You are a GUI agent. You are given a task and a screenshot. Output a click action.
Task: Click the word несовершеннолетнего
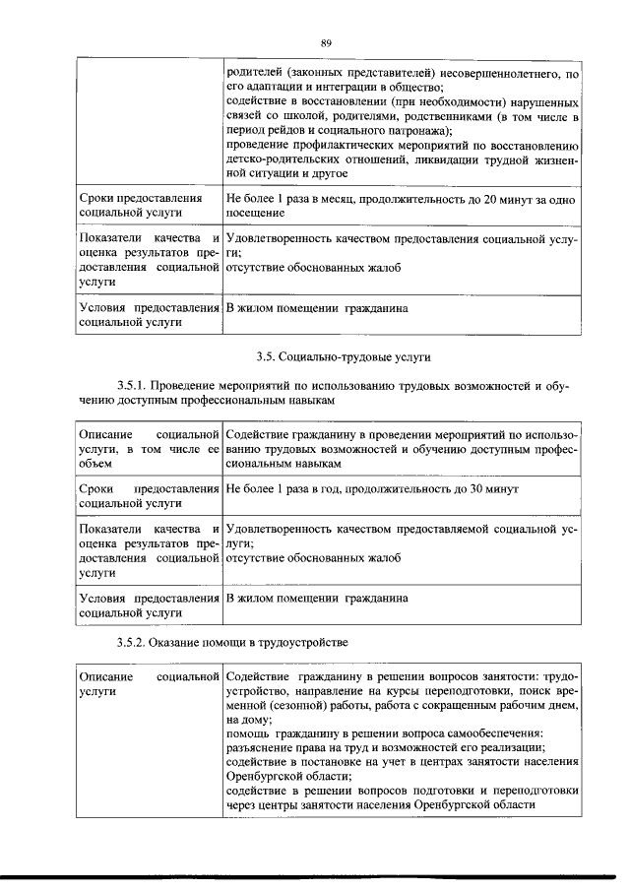[503, 73]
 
